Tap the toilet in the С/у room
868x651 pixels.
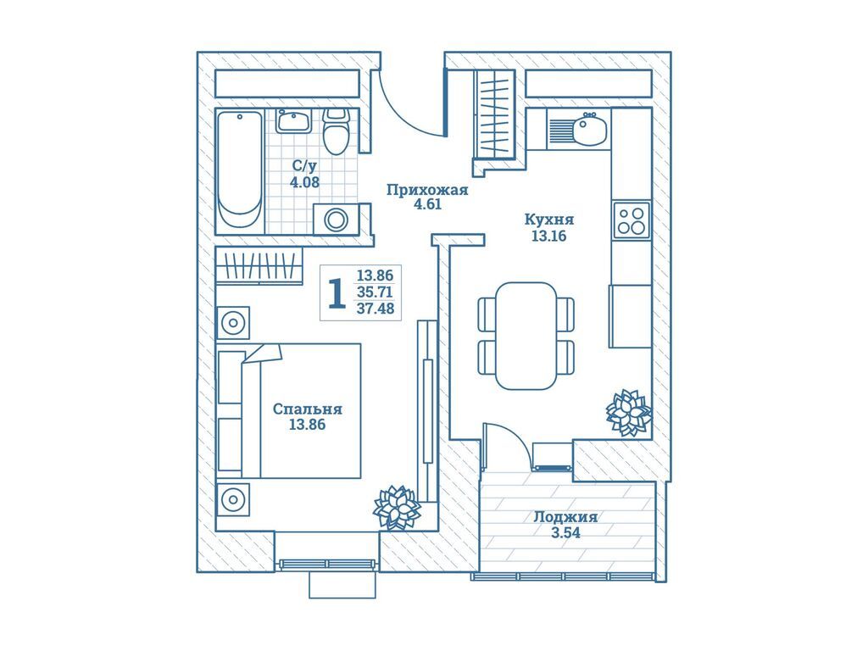pos(337,131)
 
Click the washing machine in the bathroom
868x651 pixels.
pos(336,220)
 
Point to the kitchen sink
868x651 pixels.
pos(588,130)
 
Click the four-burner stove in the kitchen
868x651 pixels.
pos(632,220)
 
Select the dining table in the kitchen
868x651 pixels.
pos(526,336)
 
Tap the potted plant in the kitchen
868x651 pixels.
pos(628,413)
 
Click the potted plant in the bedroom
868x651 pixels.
pos(397,507)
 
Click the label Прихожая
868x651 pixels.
pos(427,190)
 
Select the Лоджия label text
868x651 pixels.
pos(565,517)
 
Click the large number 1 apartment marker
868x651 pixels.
pos(337,294)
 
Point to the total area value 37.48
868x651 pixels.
pos(376,309)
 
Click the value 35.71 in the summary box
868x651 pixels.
pos(376,292)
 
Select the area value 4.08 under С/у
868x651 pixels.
pos(304,181)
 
